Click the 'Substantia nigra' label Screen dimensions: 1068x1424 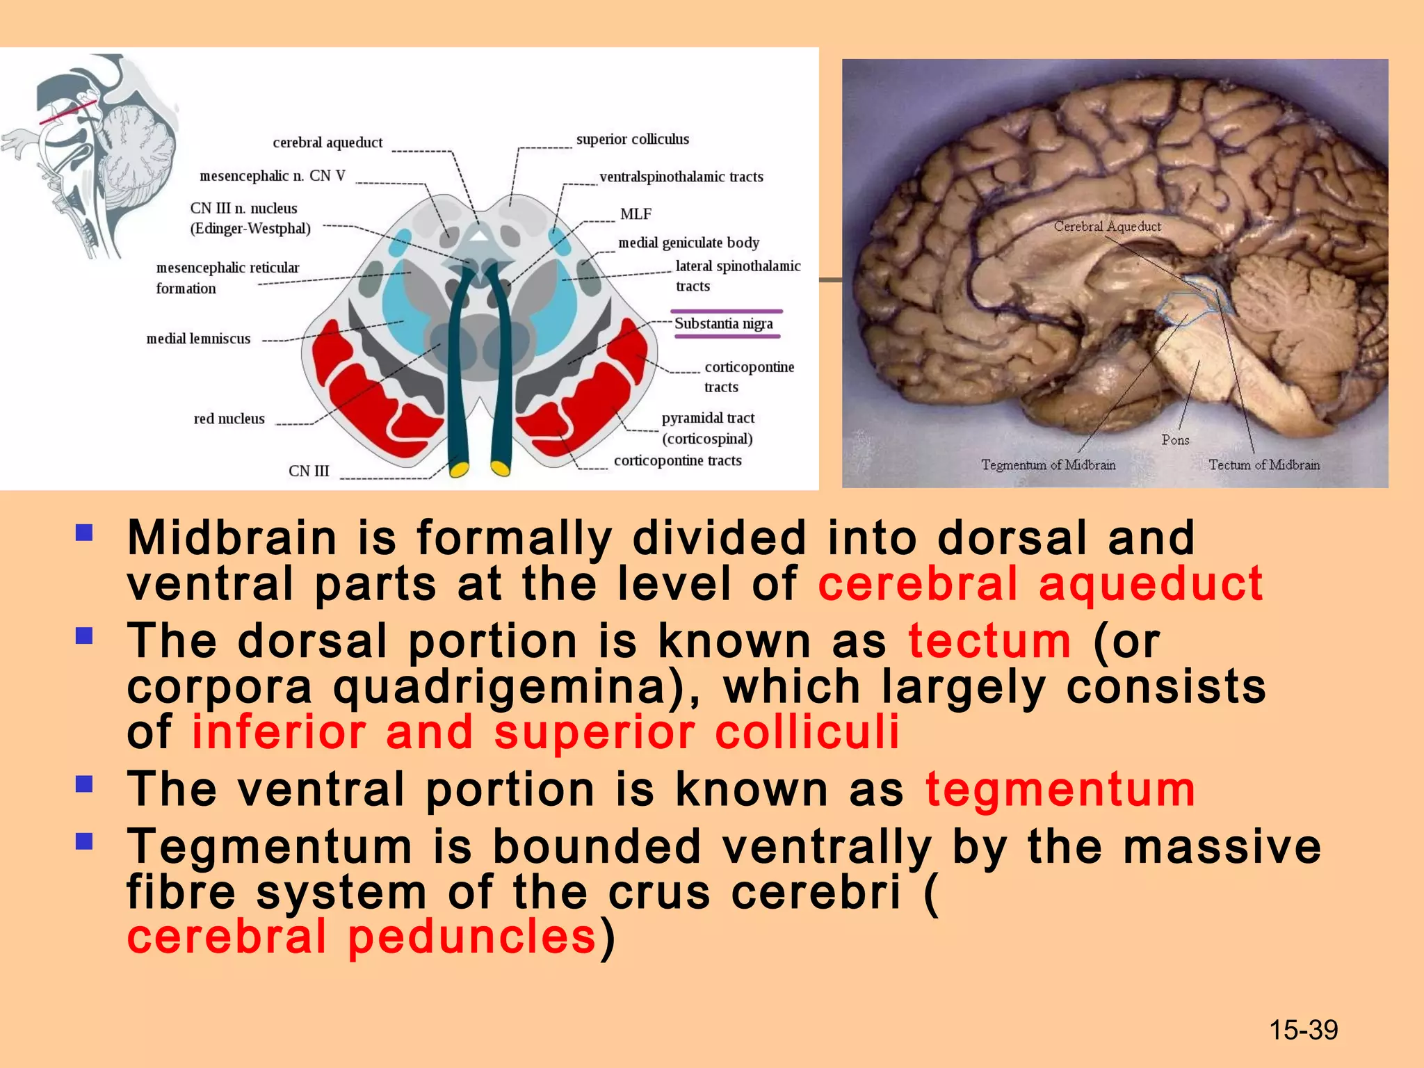pos(723,324)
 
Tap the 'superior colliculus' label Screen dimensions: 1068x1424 pos(632,139)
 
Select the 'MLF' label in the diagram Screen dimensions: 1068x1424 pos(636,214)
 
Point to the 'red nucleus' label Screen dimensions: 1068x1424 pos(229,419)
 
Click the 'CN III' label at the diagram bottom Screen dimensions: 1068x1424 pos(309,471)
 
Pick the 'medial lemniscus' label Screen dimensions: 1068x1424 pos(198,339)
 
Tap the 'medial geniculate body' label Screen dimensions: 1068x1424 pos(688,243)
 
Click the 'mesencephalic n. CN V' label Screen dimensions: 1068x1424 pos(272,176)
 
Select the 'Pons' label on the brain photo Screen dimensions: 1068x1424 pos(1175,440)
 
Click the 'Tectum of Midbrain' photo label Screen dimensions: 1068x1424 pos(1263,465)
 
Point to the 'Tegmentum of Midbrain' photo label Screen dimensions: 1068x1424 pos(1048,465)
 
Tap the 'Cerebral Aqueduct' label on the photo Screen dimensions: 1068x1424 pos(1107,227)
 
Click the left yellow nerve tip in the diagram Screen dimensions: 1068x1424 pos(459,469)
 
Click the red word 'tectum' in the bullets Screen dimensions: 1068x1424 pos(989,640)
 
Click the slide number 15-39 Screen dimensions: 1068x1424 pos(1303,1030)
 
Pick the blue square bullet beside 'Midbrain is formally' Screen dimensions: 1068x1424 pos(84,533)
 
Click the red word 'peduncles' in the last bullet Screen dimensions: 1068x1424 pos(471,936)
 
